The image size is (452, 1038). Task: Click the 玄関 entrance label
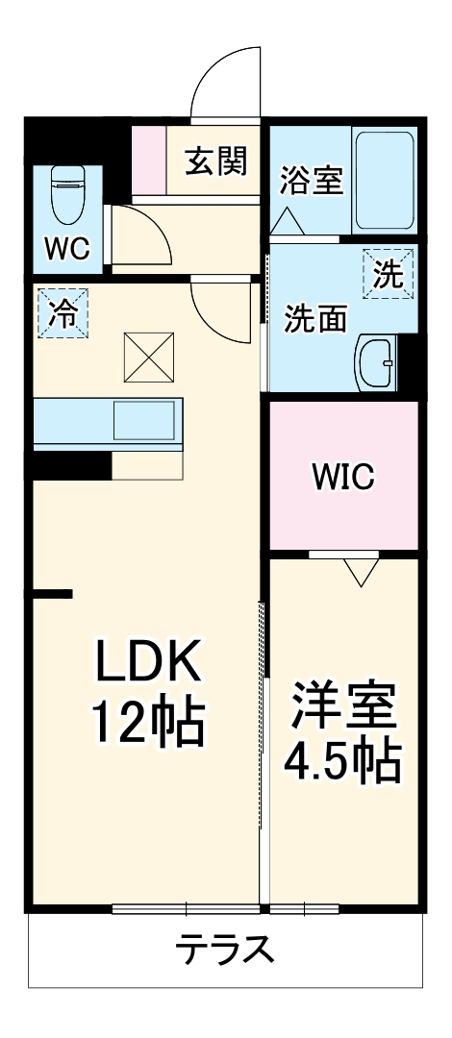tap(215, 161)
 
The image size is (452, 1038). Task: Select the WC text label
tap(66, 249)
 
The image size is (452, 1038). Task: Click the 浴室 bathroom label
tap(311, 182)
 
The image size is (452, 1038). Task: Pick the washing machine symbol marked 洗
tap(388, 275)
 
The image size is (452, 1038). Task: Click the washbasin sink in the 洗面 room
tap(376, 364)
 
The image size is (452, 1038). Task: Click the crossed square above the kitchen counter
tap(148, 358)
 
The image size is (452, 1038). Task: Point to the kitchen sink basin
tap(145, 421)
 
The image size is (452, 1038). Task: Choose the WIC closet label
tap(342, 477)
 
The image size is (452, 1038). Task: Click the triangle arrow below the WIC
tap(361, 573)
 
